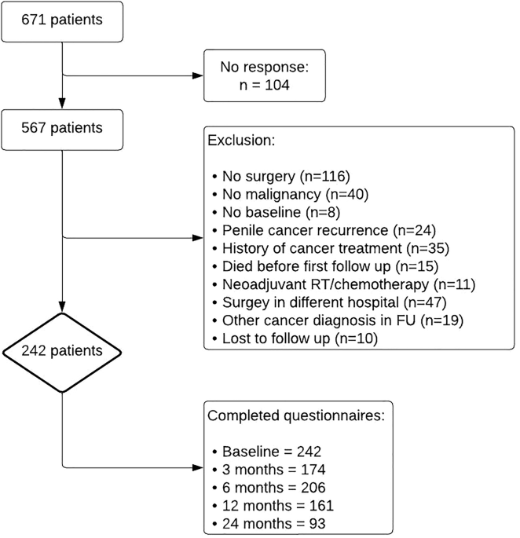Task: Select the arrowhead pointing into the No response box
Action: [x=197, y=76]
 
